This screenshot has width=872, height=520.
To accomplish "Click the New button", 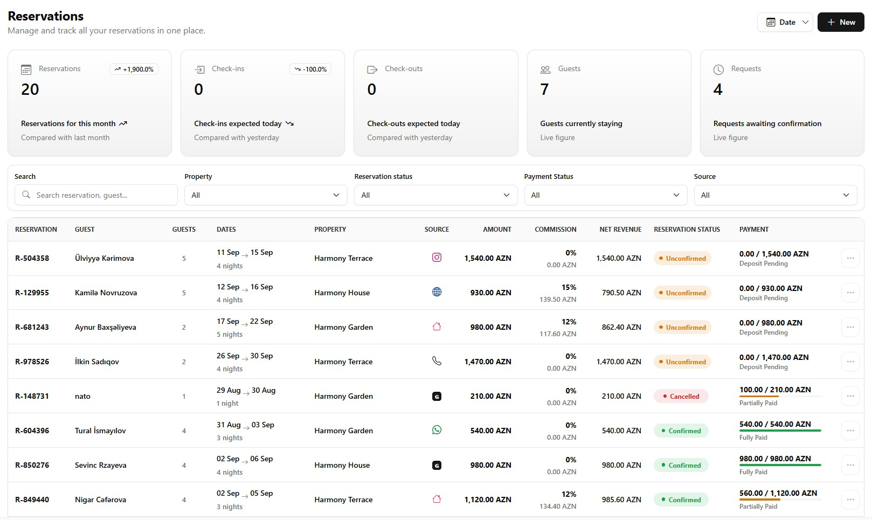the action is [840, 22].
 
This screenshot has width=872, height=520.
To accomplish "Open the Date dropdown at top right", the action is [785, 22].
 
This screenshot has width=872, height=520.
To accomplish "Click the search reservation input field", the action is [96, 195].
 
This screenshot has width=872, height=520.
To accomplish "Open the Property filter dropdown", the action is [266, 195].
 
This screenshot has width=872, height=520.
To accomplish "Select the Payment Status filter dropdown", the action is [605, 195].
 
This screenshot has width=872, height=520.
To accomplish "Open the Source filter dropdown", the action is [776, 195].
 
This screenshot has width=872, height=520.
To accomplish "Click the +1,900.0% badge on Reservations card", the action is [134, 70].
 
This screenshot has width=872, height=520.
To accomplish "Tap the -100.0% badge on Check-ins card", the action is [310, 70].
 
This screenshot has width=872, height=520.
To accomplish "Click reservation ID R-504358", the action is [32, 258].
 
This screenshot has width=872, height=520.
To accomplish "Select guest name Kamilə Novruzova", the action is [106, 293].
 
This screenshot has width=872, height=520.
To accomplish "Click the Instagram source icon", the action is [437, 257].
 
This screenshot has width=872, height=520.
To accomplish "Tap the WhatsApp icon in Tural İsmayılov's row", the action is [437, 429].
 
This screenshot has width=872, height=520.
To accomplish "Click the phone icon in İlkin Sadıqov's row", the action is [437, 361].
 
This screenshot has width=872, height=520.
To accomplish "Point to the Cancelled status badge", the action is [681, 396].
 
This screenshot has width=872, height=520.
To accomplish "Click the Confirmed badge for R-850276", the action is [681, 465].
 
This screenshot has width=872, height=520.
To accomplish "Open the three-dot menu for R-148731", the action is [850, 396].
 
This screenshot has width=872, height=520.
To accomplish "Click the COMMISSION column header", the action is [556, 229].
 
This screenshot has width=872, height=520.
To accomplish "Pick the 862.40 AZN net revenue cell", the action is [621, 327].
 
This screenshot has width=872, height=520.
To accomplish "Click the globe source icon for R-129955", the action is [437, 292].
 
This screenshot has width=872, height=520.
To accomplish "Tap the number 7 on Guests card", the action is [544, 89].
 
